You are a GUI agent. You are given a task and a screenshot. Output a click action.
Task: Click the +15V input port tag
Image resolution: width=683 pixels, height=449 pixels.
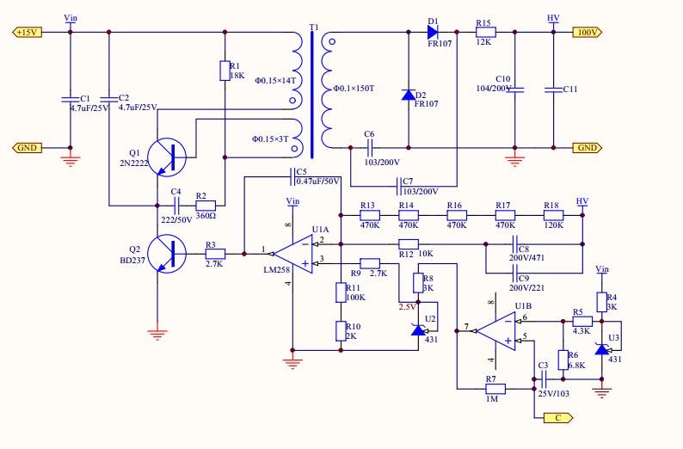click(24, 32)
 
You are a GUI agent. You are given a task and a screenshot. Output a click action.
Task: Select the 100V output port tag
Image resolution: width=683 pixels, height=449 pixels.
click(588, 32)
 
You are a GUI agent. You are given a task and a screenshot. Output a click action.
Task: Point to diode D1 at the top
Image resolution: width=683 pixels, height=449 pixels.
click(434, 32)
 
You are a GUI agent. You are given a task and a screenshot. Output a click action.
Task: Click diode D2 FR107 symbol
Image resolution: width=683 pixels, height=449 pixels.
click(409, 93)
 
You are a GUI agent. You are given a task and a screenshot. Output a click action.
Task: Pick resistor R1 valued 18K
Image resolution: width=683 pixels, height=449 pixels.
click(225, 70)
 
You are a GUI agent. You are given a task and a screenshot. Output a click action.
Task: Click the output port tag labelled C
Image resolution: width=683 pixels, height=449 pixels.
click(556, 417)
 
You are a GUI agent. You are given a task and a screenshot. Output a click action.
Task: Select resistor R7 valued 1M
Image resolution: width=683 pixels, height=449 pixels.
click(491, 388)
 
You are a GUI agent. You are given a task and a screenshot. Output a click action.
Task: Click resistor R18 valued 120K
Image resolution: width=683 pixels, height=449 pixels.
click(551, 216)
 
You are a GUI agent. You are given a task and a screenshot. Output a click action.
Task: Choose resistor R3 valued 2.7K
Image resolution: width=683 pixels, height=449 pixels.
click(214, 254)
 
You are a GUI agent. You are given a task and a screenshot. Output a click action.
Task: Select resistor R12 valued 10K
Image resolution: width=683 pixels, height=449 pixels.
click(408, 243)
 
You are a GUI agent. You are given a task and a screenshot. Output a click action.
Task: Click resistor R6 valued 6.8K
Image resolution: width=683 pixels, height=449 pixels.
click(563, 359)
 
